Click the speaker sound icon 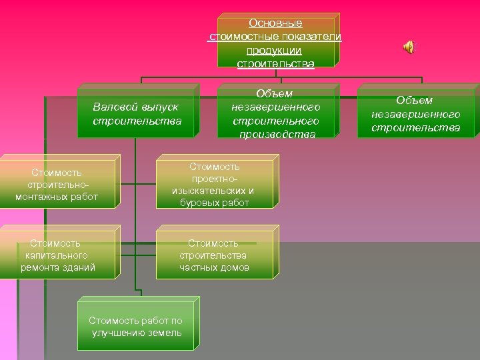408,47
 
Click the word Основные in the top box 275,23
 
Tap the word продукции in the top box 274,50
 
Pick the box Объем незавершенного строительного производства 275,114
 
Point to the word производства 275,135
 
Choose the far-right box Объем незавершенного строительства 415,113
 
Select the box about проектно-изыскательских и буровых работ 214,185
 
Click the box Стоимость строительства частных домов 214,255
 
